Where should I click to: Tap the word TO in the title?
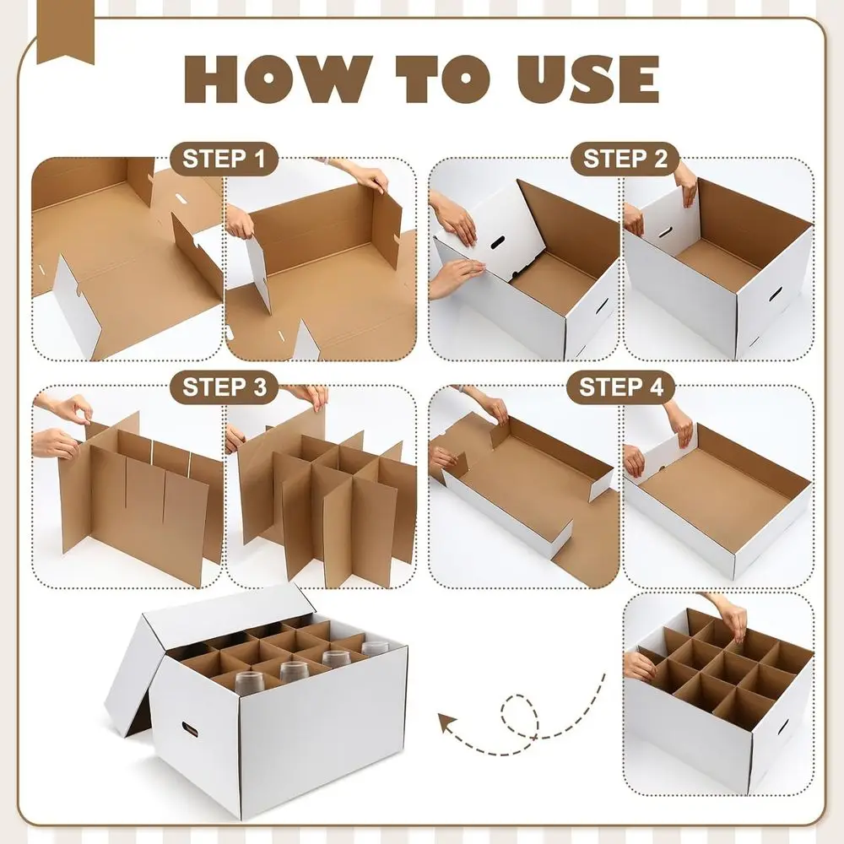pyautogui.click(x=440, y=79)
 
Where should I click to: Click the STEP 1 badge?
pyautogui.click(x=224, y=158)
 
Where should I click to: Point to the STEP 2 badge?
pyautogui.click(x=625, y=158)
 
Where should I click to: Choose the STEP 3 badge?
pyautogui.click(x=224, y=387)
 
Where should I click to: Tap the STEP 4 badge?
pyautogui.click(x=625, y=387)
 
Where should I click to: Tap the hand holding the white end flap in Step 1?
pyautogui.click(x=241, y=226)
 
